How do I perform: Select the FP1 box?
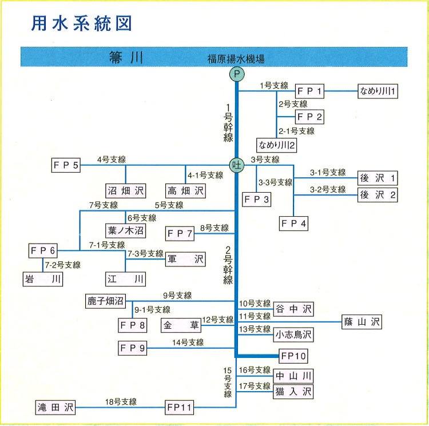310,91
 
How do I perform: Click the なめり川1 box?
378,91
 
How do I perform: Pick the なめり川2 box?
277,145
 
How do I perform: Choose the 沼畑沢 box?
126,190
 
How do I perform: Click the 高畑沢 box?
185,190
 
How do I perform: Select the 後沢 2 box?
378,195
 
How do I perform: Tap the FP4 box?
294,223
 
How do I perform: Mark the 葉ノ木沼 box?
126,230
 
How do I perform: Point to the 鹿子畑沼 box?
105,301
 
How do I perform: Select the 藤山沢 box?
362,322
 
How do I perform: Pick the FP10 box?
294,356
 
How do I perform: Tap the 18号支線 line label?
120,402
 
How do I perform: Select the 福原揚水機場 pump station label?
236,58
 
